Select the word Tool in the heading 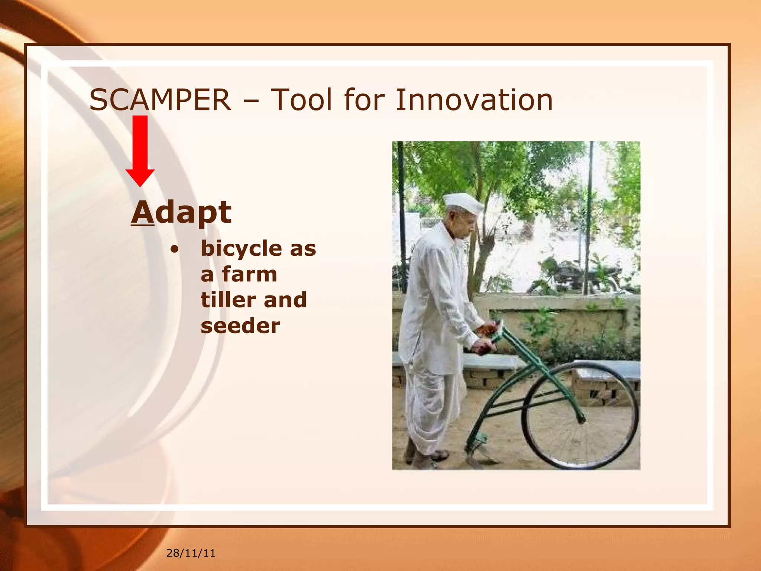(301, 100)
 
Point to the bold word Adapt (181, 213)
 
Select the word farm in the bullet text (249, 274)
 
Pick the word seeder (240, 326)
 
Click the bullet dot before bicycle (174, 249)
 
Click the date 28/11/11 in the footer (191, 553)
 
